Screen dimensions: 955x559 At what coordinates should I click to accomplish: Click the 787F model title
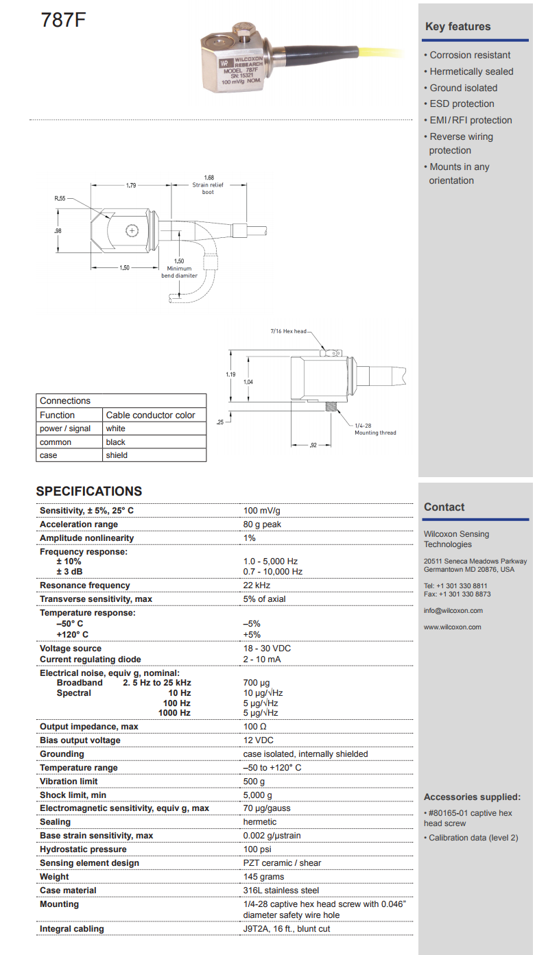[63, 21]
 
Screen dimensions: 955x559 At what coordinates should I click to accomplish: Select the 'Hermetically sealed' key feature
[471, 71]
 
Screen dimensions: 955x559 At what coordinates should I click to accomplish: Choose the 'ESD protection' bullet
[462, 104]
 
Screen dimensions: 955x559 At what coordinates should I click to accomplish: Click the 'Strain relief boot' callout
[208, 189]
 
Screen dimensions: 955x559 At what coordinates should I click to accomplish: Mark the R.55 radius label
[60, 198]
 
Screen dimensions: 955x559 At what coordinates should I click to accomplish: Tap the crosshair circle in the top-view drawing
[132, 231]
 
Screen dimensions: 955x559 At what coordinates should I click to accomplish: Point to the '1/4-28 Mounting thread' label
[375, 429]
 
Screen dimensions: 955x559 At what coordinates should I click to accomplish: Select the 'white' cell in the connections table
[116, 428]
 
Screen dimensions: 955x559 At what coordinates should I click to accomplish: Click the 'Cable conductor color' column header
[150, 415]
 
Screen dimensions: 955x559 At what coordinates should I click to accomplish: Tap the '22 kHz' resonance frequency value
[257, 585]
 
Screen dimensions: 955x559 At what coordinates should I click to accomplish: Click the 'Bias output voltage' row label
[80, 740]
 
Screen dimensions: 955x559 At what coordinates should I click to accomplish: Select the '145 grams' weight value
[263, 877]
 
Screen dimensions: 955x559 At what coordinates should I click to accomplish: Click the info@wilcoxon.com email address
[453, 611]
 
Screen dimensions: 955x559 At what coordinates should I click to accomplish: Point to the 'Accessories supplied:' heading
[472, 797]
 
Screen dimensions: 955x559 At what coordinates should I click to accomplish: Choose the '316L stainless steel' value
[281, 891]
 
